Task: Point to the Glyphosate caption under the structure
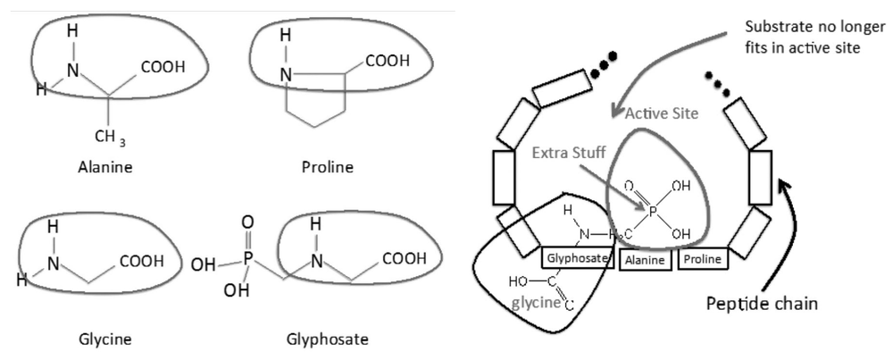[328, 339]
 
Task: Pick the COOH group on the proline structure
[386, 62]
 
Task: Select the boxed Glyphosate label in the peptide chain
[578, 259]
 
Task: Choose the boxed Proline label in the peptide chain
[701, 259]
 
